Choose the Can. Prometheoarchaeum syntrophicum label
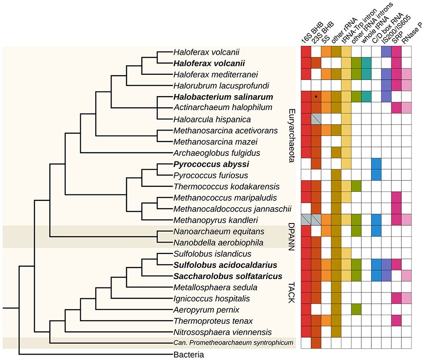pos(233,342)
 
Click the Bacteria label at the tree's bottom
pos(189,355)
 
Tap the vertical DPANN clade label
pos(292,236)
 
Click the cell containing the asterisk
pos(316,97)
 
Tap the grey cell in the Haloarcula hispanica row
pos(316,119)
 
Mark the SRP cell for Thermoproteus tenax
pos(396,320)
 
